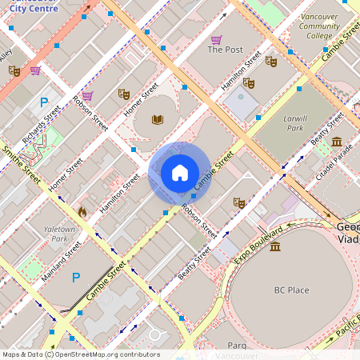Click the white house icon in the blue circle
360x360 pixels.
click(x=180, y=173)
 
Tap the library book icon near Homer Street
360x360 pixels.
click(x=158, y=120)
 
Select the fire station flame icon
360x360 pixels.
click(x=81, y=212)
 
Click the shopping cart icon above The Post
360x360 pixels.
click(x=216, y=39)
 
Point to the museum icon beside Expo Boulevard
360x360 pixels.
click(x=275, y=246)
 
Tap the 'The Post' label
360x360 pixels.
click(x=225, y=50)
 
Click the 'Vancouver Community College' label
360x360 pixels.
click(x=319, y=26)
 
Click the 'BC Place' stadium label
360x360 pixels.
click(x=290, y=290)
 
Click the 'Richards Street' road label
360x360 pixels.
click(x=42, y=127)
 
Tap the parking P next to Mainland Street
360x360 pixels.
click(x=76, y=278)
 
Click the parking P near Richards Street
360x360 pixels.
click(x=45, y=102)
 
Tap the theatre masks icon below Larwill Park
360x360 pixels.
click(x=238, y=202)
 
